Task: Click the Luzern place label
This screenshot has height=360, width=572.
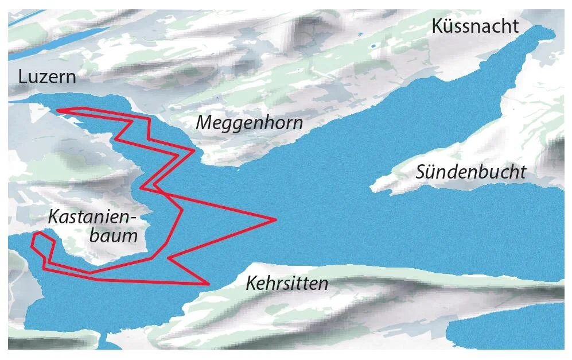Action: [x=47, y=77]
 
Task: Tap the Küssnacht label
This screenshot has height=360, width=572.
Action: [x=476, y=26]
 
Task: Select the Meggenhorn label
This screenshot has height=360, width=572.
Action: [x=249, y=123]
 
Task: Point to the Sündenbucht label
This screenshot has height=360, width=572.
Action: [x=471, y=172]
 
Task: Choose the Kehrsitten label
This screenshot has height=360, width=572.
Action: [x=287, y=283]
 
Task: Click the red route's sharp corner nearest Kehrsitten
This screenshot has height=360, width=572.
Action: [x=207, y=283]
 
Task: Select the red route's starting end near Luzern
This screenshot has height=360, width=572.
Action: [x=59, y=110]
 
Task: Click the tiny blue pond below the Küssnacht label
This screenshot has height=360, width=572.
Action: [x=373, y=45]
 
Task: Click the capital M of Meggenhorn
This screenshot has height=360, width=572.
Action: [x=205, y=123]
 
